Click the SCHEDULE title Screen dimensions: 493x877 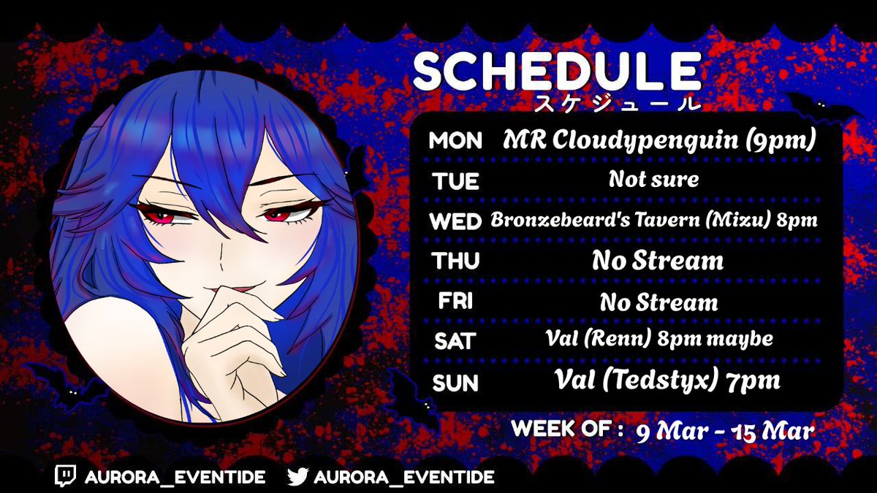(556, 72)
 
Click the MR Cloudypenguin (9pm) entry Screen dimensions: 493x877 (658, 140)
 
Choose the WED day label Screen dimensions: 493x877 (455, 221)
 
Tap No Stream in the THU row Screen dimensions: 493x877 (658, 260)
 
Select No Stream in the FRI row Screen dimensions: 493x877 (658, 301)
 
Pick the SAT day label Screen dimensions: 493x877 (454, 341)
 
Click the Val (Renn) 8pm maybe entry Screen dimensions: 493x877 (658, 340)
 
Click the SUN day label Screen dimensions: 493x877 (455, 382)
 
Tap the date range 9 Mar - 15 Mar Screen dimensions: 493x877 (724, 430)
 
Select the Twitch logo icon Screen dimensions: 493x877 (66, 477)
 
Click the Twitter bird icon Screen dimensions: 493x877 (297, 477)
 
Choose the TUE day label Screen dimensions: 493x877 (454, 181)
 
